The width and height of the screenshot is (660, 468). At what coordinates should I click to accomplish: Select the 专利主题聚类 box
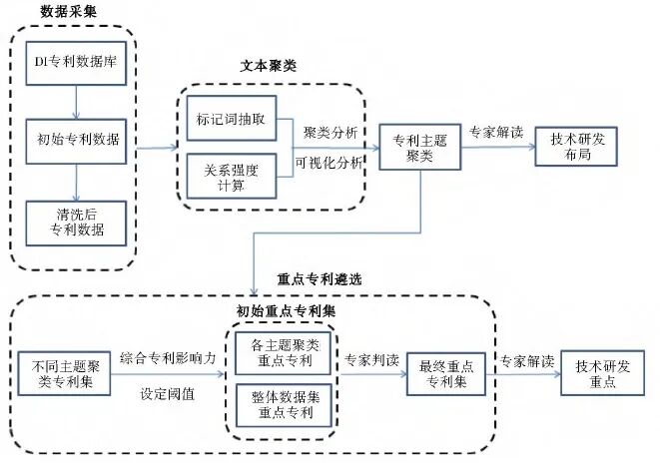(412, 149)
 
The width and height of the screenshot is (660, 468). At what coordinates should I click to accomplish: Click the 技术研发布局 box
(577, 149)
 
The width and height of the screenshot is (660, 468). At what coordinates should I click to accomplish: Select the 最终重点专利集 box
(446, 372)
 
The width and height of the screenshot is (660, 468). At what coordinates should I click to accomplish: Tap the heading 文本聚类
(269, 66)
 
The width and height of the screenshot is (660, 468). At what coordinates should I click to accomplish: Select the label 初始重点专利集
(280, 310)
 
